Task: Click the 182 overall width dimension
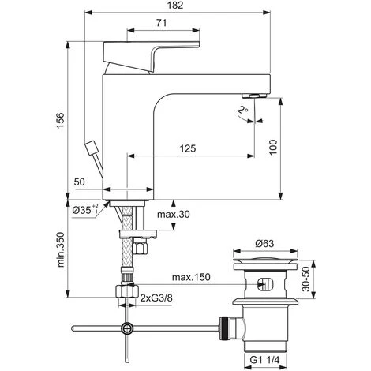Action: point(175,6)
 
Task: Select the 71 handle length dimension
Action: point(162,23)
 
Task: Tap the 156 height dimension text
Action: point(61,120)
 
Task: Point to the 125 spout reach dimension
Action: point(188,148)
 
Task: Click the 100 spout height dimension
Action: point(273,148)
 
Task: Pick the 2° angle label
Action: point(242,110)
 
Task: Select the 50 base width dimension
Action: point(79,182)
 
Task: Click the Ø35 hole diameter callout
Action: point(85,210)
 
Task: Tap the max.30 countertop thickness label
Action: point(173,215)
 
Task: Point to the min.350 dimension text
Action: point(61,249)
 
